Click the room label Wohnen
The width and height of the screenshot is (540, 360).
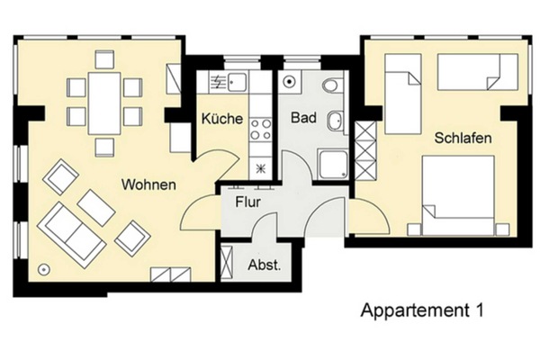click(x=149, y=186)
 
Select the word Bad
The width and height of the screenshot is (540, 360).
click(x=301, y=118)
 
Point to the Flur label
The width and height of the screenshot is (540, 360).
click(x=247, y=202)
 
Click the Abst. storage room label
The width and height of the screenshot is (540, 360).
click(x=264, y=265)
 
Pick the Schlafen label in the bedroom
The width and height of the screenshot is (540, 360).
click(x=462, y=139)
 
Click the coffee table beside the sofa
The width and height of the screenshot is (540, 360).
click(x=95, y=208)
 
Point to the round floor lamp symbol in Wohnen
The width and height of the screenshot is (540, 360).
click(x=42, y=269)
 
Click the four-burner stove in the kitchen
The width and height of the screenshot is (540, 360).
click(x=262, y=130)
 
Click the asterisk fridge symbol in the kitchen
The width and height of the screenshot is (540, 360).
click(x=261, y=167)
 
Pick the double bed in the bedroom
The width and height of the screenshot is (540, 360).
click(x=459, y=195)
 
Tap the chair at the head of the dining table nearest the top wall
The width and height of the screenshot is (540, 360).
click(x=104, y=60)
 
